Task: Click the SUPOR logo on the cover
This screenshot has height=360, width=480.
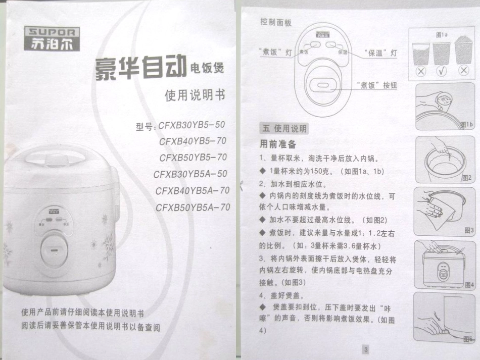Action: point(51,37)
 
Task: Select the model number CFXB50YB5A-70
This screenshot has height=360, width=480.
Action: point(193,207)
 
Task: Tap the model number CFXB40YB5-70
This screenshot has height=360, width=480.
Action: point(193,141)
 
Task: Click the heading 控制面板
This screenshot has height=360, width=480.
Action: point(276,23)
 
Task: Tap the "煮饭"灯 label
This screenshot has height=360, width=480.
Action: point(275,52)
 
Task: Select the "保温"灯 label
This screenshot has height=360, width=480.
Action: point(380,53)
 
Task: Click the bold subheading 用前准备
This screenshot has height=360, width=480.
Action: point(277,144)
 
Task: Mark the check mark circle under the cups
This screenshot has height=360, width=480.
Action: point(442,71)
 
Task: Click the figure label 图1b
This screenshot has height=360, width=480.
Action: point(466,124)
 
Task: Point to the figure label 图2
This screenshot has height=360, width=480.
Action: point(466,178)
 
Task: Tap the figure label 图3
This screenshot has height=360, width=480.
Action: point(468,230)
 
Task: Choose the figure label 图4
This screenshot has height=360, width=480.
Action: point(468,285)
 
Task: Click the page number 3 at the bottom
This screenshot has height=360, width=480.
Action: point(366,349)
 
